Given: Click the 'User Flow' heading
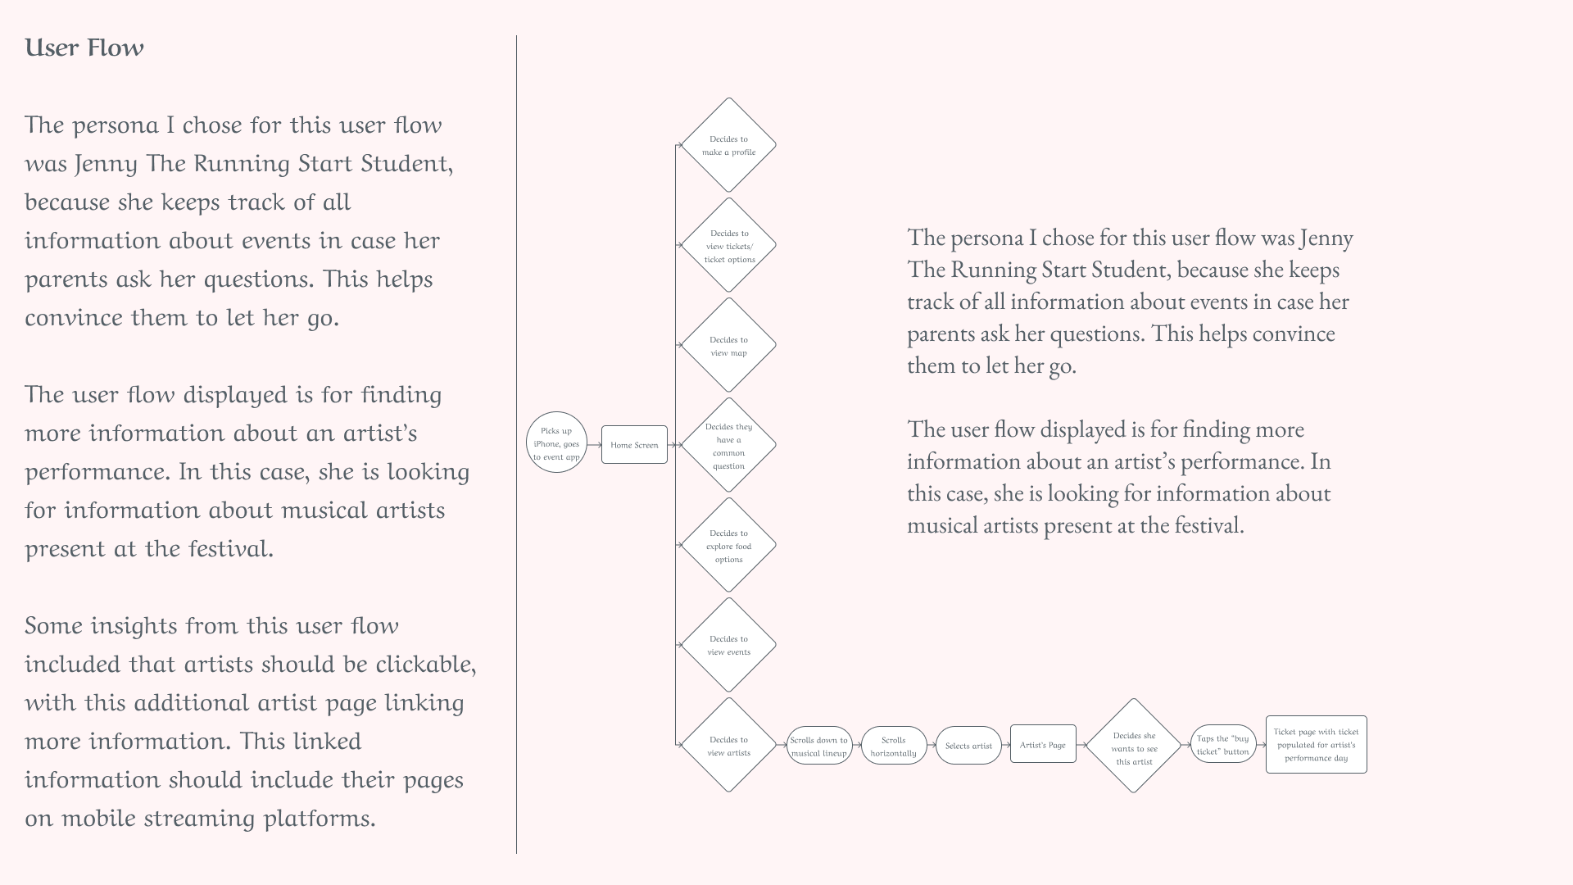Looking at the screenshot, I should click(x=84, y=48).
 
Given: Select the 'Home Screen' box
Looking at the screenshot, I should click(x=634, y=445).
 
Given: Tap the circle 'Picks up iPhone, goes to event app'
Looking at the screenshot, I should click(x=556, y=442).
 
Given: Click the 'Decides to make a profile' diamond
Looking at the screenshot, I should click(x=728, y=145).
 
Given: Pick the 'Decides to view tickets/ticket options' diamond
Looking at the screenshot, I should click(x=728, y=246).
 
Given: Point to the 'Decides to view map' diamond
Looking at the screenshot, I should click(x=728, y=346).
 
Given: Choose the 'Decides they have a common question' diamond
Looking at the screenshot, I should click(x=728, y=446).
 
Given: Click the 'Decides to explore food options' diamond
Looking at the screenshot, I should click(x=728, y=546).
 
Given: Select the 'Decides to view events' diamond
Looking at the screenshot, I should click(x=728, y=645).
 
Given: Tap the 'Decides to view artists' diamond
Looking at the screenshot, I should click(x=728, y=746).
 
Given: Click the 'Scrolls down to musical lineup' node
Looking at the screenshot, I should click(x=819, y=746).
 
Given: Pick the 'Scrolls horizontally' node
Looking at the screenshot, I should click(x=893, y=746).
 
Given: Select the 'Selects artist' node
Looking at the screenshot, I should click(x=968, y=746).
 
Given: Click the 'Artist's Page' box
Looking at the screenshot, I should click(x=1043, y=744).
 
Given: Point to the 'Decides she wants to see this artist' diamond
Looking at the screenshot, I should click(x=1134, y=747).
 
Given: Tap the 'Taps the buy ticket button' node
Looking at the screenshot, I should click(x=1222, y=744).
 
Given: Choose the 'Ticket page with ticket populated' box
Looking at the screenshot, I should click(x=1316, y=744).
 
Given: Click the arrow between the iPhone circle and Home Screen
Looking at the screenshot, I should click(x=594, y=445).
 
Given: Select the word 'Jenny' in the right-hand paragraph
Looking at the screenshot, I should click(x=1326, y=238).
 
